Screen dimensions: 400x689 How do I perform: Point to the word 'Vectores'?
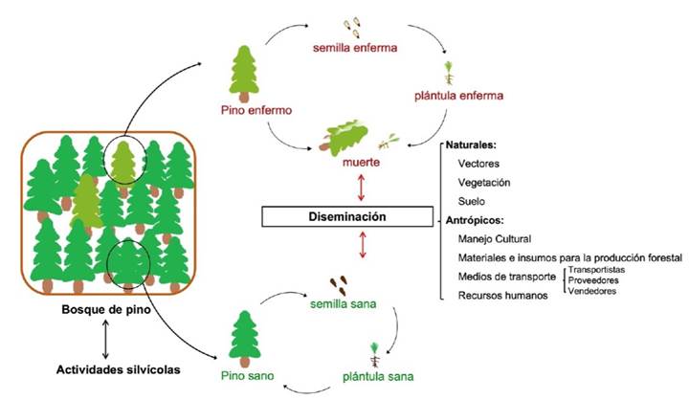(478, 165)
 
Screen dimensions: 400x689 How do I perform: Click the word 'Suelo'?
(472, 202)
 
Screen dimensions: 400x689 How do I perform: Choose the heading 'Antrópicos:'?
(477, 221)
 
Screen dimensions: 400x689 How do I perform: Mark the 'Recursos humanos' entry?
(502, 296)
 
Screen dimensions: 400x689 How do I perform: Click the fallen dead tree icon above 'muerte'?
(352, 137)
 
